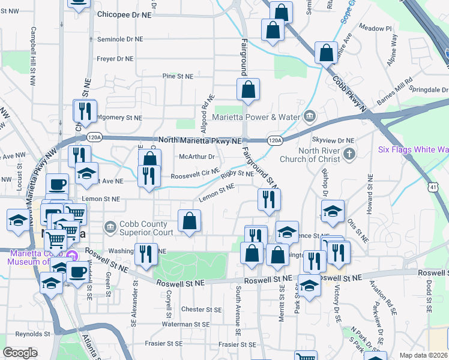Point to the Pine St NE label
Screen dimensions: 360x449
pyautogui.click(x=178, y=77)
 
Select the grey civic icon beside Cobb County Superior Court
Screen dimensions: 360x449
pyautogui.click(x=110, y=227)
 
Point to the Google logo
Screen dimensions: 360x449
pyautogui.click(x=20, y=353)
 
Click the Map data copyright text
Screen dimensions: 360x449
pyautogui.click(x=424, y=355)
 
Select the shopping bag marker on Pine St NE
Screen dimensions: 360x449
pyautogui.click(x=248, y=90)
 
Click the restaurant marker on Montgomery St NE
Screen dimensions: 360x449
pyautogui.click(x=84, y=110)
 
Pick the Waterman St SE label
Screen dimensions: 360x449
pyautogui.click(x=185, y=324)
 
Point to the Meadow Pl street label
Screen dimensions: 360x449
pyautogui.click(x=375, y=28)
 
